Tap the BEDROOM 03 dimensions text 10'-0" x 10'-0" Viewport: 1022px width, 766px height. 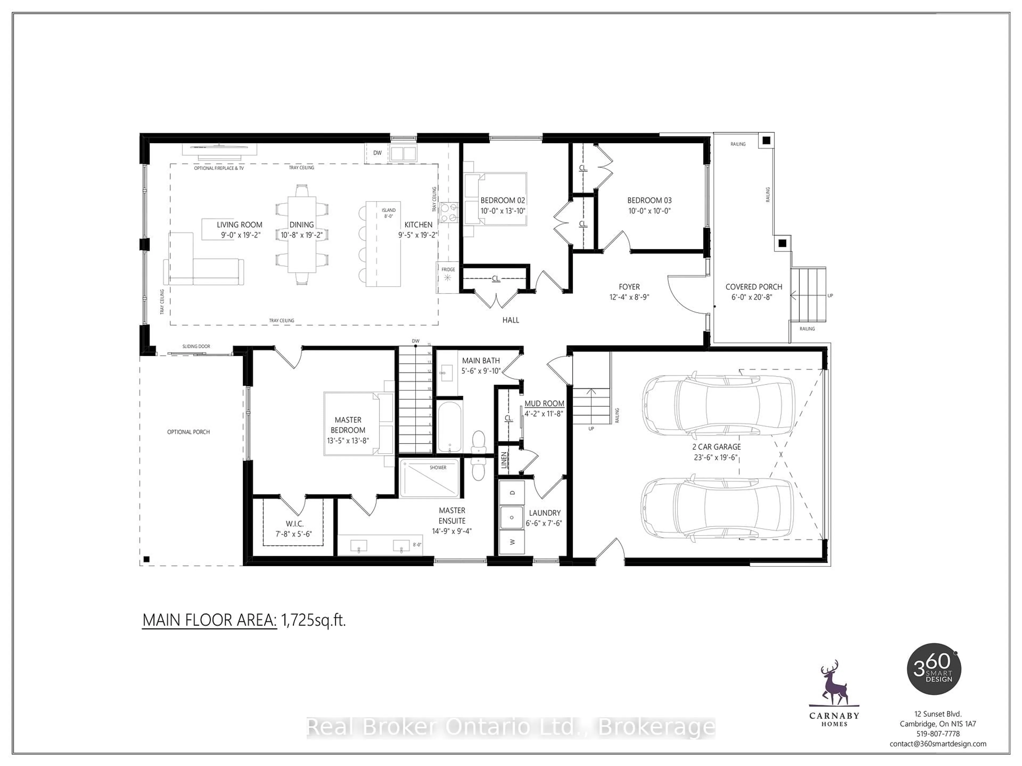[x=649, y=211]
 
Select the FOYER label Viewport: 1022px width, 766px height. [x=629, y=287]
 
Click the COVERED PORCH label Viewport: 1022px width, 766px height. [x=753, y=287]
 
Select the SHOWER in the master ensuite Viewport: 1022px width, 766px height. [x=429, y=478]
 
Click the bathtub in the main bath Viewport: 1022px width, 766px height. [x=449, y=427]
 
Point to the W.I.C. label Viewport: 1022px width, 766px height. [x=294, y=524]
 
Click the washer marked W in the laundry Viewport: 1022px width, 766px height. [x=512, y=542]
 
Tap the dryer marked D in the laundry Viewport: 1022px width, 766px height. [x=512, y=493]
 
